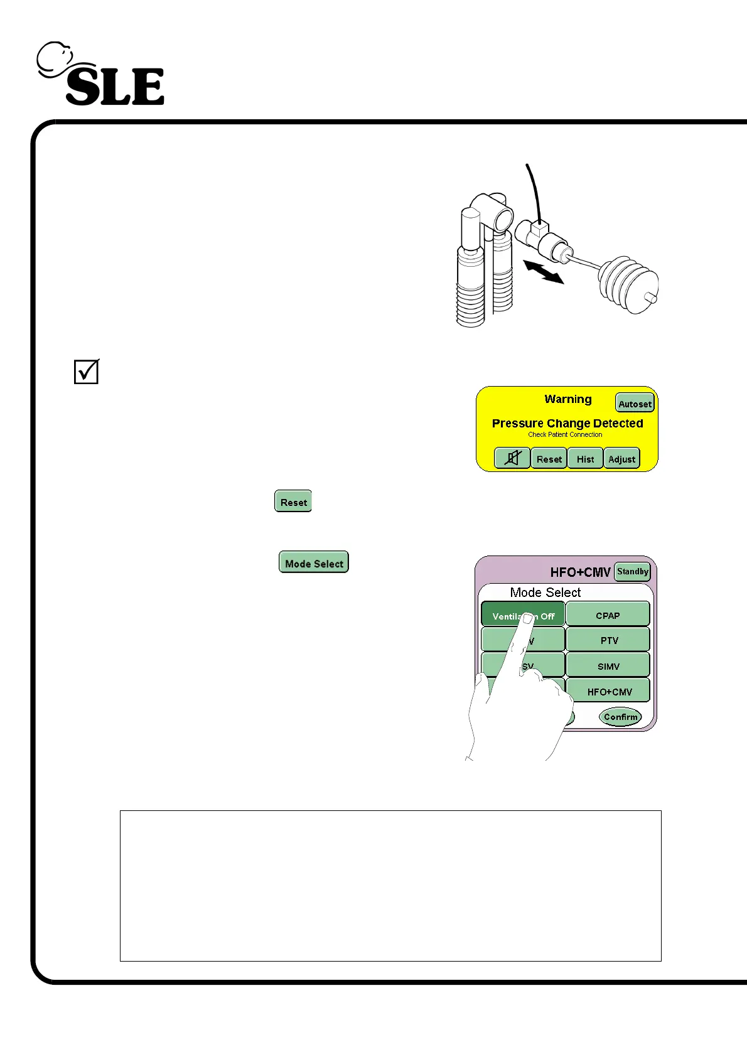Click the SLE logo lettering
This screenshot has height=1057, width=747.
pos(115,87)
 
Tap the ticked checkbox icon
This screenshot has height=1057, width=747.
pos(87,372)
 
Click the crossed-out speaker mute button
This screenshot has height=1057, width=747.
pos(512,458)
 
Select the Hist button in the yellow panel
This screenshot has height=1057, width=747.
pos(585,459)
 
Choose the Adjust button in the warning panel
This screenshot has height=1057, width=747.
pos(622,459)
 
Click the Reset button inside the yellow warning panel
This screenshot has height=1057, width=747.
pos(549,459)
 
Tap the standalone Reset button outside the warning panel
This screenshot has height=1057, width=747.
pos(293,502)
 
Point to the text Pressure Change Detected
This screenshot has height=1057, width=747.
pos(567,423)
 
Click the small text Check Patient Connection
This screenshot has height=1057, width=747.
pos(565,434)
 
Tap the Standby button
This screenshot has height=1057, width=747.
pos(632,571)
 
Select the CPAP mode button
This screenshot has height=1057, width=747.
pos(608,615)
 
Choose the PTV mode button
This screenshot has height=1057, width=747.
pos(608,640)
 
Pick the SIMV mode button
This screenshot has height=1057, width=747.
pos(608,666)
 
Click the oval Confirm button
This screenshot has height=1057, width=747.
pos(620,716)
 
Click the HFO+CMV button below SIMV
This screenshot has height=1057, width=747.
pos(609,692)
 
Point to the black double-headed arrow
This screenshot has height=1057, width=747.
pos(544,272)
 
